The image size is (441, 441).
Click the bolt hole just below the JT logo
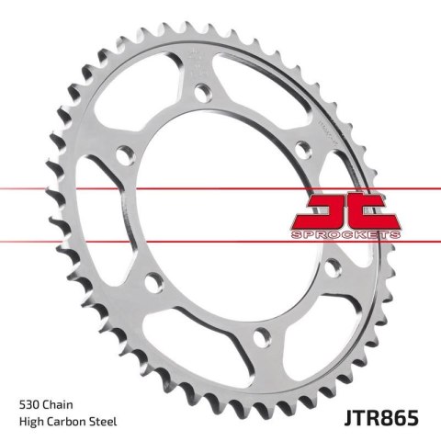pos(334,266)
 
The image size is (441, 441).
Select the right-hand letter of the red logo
pos(372,210)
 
